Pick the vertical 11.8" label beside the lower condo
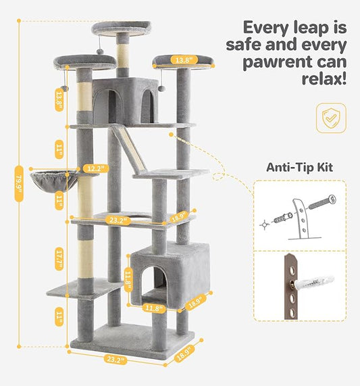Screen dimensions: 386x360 (x=126, y=279)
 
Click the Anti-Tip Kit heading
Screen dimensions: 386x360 (x=300, y=167)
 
